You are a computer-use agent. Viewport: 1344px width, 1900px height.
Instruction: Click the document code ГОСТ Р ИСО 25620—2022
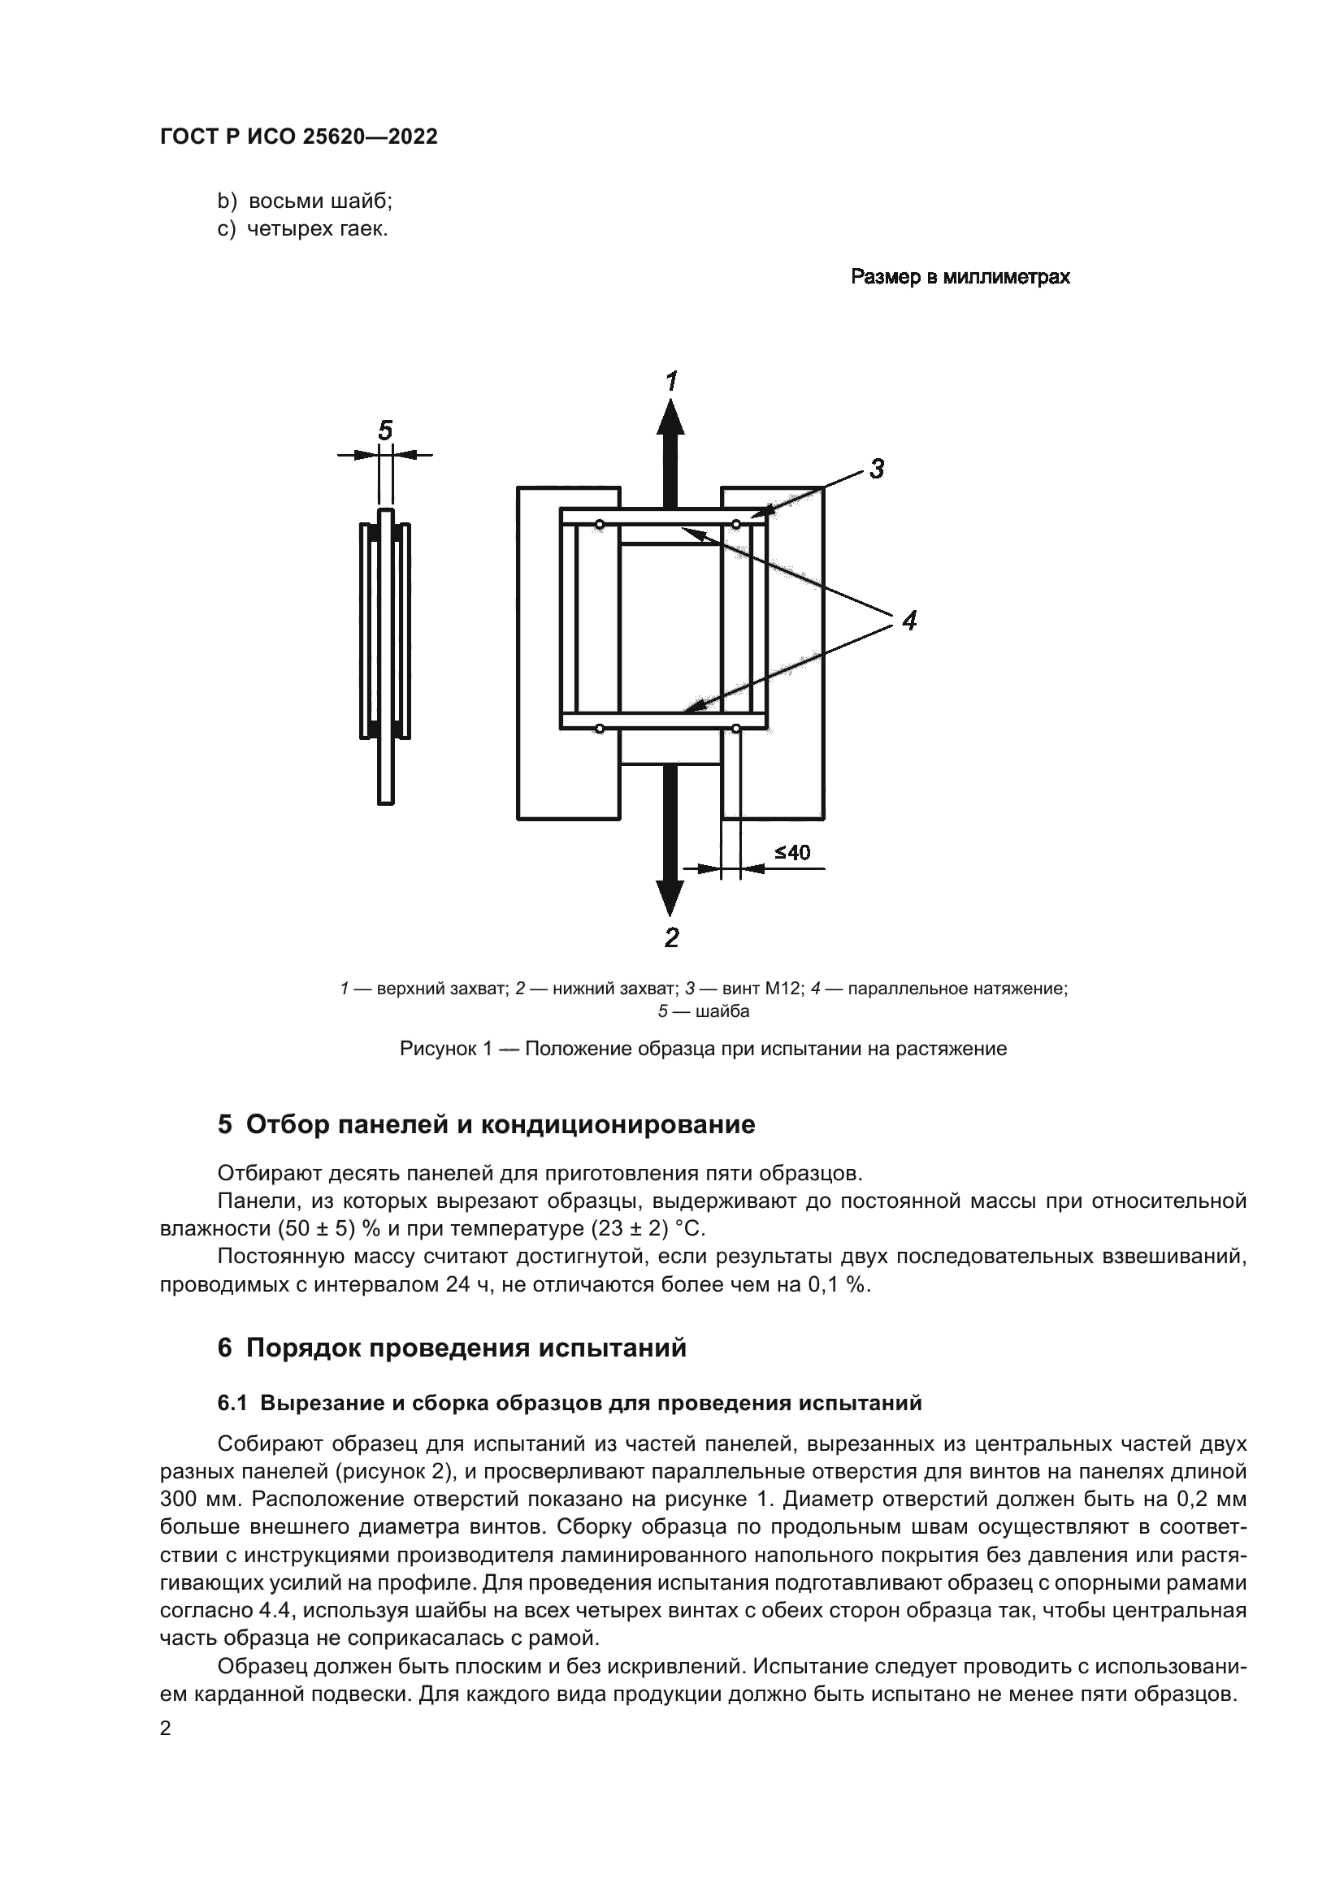pos(299,137)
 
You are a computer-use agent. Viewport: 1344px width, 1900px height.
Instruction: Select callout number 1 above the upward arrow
pos(672,382)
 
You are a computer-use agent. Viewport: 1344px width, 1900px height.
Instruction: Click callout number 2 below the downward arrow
pos(672,937)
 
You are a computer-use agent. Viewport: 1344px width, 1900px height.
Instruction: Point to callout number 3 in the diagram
pos(878,470)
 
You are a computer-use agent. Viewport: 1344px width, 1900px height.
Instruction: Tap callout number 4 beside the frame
pos(909,621)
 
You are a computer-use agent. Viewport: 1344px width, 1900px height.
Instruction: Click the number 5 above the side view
pos(385,431)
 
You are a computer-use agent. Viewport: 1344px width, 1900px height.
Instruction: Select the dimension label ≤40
pos(792,853)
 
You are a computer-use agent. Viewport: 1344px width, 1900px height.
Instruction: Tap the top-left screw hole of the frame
pos(599,525)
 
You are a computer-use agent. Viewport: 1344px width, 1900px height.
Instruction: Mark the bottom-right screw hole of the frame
pos(735,729)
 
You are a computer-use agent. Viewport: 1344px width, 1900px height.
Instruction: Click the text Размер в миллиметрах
pos(960,277)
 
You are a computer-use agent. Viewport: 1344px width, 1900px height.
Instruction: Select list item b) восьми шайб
pos(305,201)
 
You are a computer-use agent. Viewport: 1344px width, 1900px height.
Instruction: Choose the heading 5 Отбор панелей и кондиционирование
pos(487,1124)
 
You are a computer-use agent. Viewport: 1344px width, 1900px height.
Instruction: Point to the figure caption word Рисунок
pos(437,1050)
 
